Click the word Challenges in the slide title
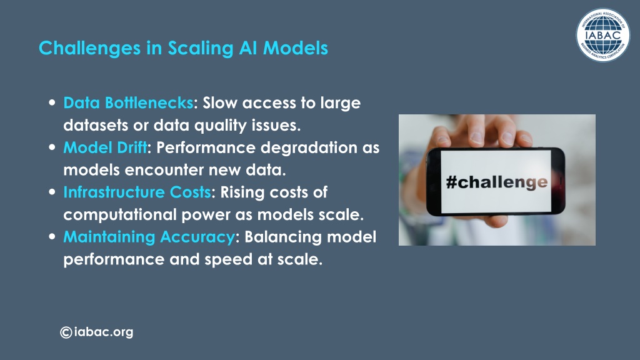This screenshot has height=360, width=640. [90, 49]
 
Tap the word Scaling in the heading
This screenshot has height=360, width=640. [201, 49]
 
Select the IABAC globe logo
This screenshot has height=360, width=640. [603, 35]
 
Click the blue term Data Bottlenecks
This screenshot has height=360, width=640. [128, 103]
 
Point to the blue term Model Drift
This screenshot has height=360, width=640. [105, 147]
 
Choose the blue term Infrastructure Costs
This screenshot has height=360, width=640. [137, 192]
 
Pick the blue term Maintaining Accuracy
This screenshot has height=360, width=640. [149, 237]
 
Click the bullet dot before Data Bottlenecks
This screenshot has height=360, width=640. [52, 102]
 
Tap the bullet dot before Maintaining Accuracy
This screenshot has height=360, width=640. [52, 236]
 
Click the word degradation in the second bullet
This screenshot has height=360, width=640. [309, 147]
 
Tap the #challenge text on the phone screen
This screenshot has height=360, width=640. [496, 182]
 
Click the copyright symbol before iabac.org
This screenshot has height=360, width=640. [66, 332]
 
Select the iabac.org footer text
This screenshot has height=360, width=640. [104, 332]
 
